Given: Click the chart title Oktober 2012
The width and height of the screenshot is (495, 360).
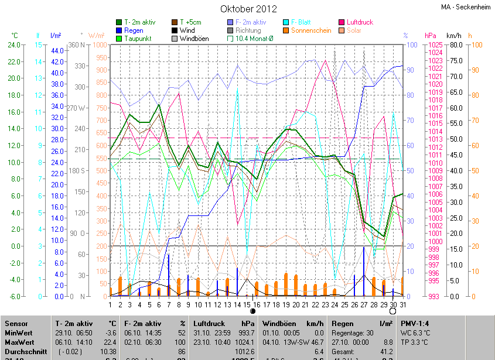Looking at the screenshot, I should click(x=248, y=9).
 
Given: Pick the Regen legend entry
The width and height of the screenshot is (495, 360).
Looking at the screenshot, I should click(x=134, y=30).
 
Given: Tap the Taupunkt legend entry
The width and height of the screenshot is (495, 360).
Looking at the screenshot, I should click(x=138, y=39).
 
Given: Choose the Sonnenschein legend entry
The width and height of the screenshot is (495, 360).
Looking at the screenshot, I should click(x=311, y=30).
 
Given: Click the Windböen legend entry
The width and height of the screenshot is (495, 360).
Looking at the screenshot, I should click(x=194, y=39).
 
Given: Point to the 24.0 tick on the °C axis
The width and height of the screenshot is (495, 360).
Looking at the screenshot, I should click(x=13, y=45).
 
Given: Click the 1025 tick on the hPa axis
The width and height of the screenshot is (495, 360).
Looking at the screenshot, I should click(x=434, y=45).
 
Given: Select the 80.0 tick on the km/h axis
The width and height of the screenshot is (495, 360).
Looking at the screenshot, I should click(x=456, y=45).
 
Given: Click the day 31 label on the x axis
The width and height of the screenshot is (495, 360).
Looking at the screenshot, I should click(x=402, y=305).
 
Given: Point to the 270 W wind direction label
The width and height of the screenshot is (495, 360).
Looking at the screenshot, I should click(x=77, y=108).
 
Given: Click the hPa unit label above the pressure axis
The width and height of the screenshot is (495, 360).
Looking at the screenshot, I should click(x=431, y=36).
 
